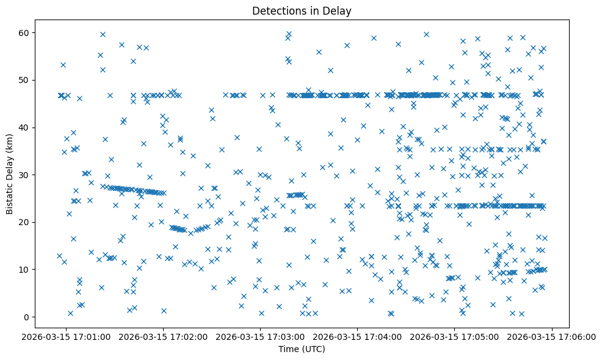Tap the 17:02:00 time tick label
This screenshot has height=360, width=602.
(x=163, y=336)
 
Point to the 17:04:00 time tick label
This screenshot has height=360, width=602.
(x=358, y=336)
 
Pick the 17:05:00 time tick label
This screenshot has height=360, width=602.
(x=455, y=336)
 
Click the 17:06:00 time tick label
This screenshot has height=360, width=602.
(x=553, y=336)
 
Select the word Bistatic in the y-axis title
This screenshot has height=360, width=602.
(x=10, y=195)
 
